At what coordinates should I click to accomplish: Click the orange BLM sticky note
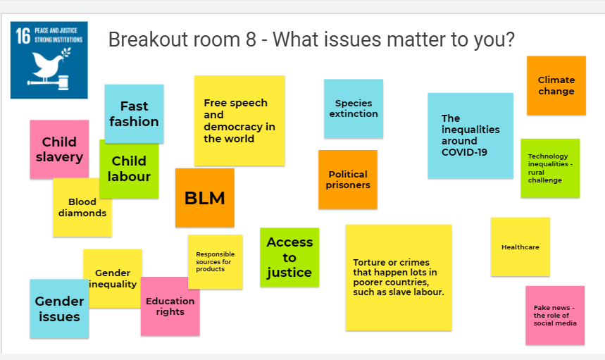[204, 197]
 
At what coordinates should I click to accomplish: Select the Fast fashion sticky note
[134, 114]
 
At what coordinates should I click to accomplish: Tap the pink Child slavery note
[59, 149]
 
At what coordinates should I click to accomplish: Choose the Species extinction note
[354, 108]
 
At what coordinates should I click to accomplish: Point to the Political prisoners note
[348, 180]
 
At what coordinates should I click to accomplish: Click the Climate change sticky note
[556, 85]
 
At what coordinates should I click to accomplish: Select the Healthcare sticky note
[520, 247]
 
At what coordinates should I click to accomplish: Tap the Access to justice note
[289, 257]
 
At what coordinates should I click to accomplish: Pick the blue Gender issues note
[59, 309]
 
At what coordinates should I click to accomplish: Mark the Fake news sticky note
[555, 315]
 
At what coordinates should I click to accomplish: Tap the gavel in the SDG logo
[50, 82]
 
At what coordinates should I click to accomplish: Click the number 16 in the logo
[23, 36]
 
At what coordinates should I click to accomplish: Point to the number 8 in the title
[251, 39]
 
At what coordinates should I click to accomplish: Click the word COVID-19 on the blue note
[464, 152]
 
